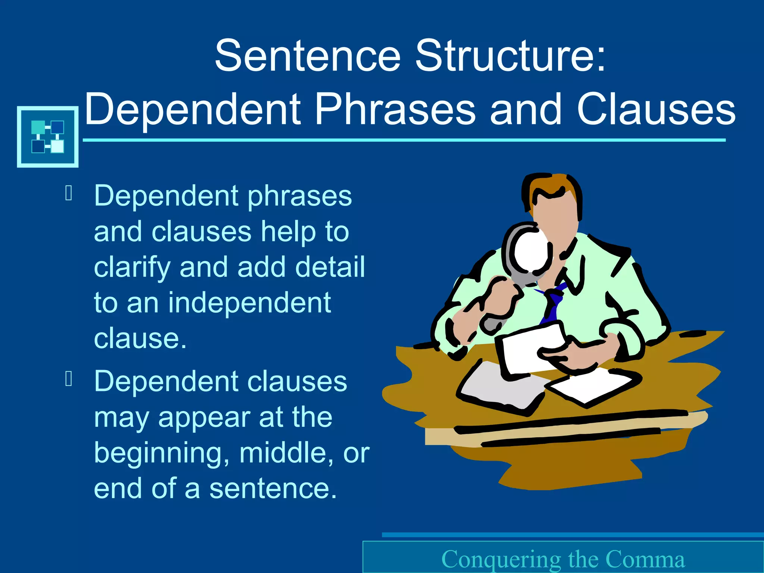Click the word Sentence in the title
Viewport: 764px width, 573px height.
pyautogui.click(x=308, y=56)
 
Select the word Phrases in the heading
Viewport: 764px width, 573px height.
pyautogui.click(x=395, y=109)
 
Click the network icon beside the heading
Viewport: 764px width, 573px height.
pyautogui.click(x=48, y=137)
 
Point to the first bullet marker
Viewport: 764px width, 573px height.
pyautogui.click(x=69, y=193)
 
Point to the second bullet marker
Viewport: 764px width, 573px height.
pyautogui.click(x=69, y=379)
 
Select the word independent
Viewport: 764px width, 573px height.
pyautogui.click(x=249, y=303)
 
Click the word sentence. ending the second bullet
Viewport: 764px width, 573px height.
pyautogui.click(x=273, y=489)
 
